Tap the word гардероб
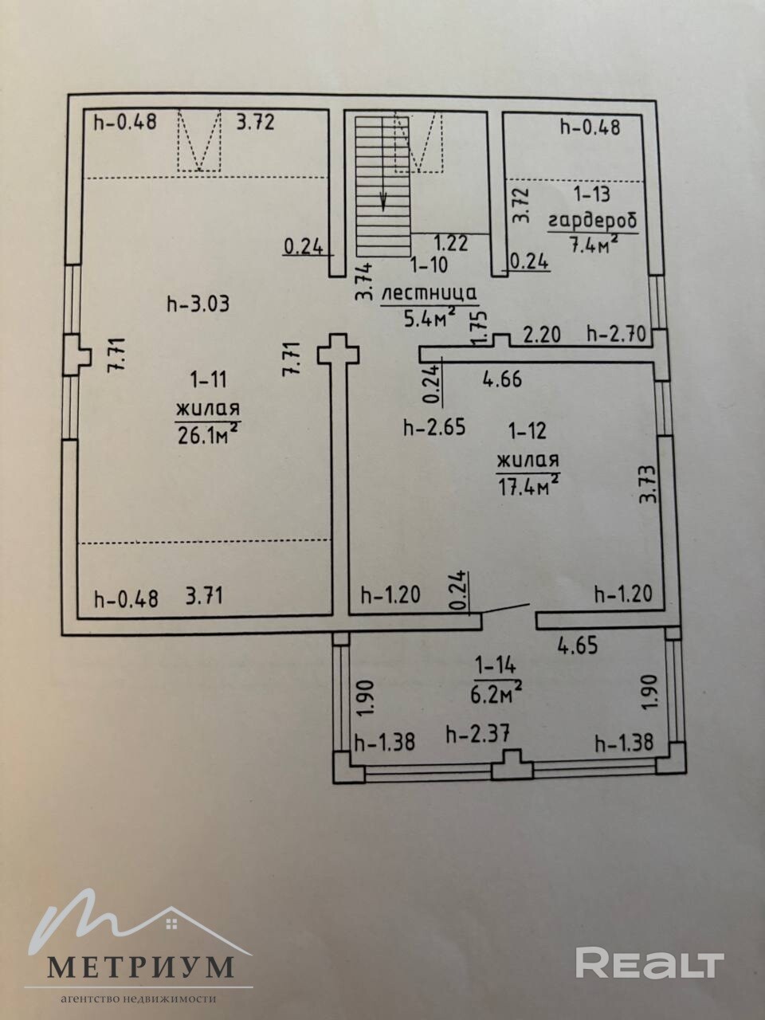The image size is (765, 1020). coord(593,222)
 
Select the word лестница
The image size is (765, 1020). coord(430,294)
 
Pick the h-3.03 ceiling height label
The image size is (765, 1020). coord(198,305)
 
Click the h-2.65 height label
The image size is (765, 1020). coord(434,427)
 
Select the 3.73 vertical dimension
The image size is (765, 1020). coord(648,484)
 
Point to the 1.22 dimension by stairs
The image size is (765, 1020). coord(450,243)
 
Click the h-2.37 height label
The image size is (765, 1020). coord(478,735)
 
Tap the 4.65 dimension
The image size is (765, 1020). coord(578,646)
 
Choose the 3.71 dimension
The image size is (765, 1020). coord(204,596)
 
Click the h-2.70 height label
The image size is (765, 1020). coord(617,333)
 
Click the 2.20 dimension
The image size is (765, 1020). coord(542,334)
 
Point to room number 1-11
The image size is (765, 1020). coord(209,379)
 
